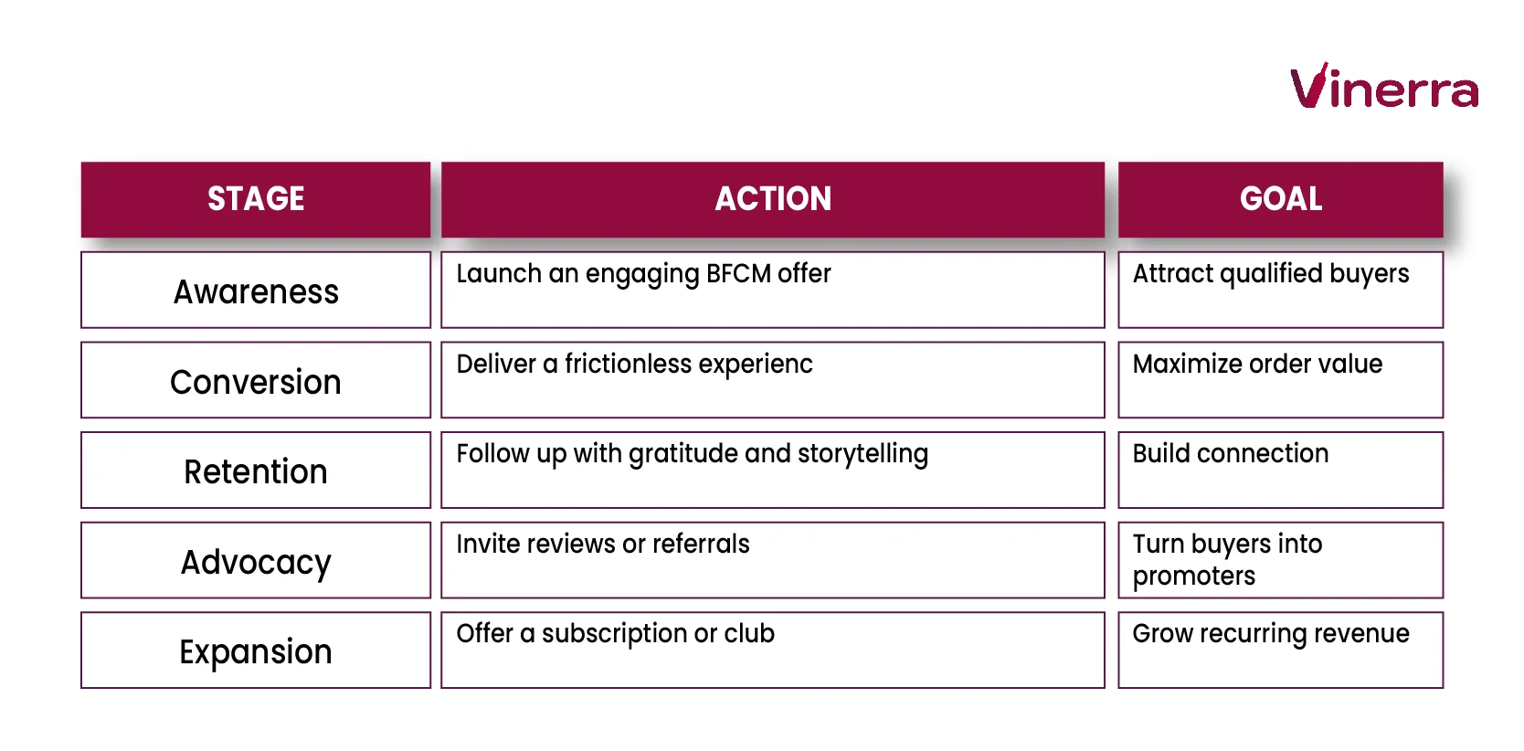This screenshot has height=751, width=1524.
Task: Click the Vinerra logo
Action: pos(1383,88)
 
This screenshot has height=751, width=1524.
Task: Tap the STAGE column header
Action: pos(256,199)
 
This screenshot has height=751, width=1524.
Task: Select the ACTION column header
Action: pos(773,199)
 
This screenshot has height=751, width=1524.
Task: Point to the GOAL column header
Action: pos(1280,199)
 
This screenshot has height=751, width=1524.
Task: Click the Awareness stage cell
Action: pos(256,291)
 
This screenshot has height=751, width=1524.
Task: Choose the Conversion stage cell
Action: pos(256,382)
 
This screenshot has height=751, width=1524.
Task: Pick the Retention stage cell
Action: pos(256,471)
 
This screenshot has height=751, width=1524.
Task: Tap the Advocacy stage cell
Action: pos(256,562)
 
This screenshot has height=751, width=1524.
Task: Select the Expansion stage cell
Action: pos(256,651)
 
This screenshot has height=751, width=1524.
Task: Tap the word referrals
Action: pos(701,545)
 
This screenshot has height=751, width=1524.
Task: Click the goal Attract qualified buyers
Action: pos(1270,274)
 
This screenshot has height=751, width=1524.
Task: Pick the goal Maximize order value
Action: pos(1257,365)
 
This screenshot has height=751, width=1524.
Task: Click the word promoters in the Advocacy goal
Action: pos(1194,576)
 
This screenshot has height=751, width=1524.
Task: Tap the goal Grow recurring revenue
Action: pos(1271,634)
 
